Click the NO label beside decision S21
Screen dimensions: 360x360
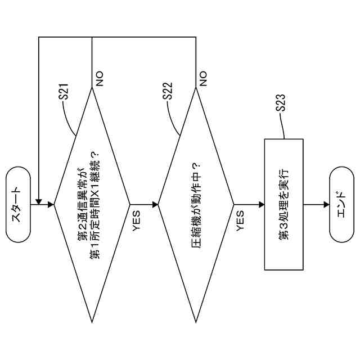point(100,78)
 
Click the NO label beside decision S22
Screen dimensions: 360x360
point(203,78)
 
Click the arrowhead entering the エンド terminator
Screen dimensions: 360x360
point(327,204)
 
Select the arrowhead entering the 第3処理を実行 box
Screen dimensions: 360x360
point(261,204)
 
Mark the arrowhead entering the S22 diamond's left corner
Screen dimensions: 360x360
point(156,204)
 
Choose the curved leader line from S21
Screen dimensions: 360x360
point(69,118)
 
